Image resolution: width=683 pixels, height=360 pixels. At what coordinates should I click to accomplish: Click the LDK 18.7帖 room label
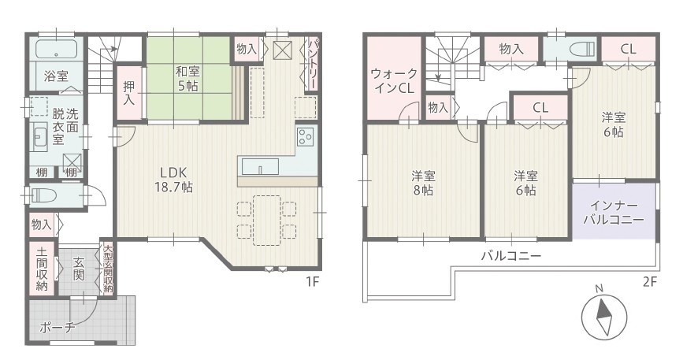tap(174, 180)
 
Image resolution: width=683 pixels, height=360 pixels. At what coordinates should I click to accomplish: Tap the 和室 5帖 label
tap(187, 78)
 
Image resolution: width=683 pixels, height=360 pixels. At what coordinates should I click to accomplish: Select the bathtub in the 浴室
tap(56, 49)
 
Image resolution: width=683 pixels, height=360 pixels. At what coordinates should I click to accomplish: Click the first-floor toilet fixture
tap(47, 195)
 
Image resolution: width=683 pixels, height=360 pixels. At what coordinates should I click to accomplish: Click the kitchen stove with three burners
tap(306, 136)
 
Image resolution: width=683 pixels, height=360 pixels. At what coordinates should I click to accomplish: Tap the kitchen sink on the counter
tap(260, 166)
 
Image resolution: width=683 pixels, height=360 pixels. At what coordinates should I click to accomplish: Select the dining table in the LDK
tap(266, 221)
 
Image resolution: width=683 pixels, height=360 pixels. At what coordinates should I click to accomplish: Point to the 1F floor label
tap(312, 282)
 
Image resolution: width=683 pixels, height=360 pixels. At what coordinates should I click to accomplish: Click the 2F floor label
tap(649, 282)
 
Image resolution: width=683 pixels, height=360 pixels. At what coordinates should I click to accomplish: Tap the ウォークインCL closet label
tap(394, 81)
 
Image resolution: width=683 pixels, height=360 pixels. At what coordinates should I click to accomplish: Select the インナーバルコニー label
tap(614, 213)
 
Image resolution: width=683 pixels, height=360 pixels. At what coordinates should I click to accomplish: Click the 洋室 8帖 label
tap(423, 184)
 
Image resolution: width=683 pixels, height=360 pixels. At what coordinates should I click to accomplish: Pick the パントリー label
tap(313, 64)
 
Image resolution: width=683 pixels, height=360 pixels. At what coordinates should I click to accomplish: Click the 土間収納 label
tap(42, 269)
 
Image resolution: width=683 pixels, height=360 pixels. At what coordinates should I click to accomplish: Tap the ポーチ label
tap(58, 328)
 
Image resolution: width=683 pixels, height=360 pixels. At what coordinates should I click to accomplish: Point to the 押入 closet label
tap(129, 92)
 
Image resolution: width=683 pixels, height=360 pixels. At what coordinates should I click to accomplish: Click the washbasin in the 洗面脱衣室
tap(40, 136)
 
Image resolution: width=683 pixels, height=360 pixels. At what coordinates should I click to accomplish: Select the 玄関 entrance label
tap(79, 269)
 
